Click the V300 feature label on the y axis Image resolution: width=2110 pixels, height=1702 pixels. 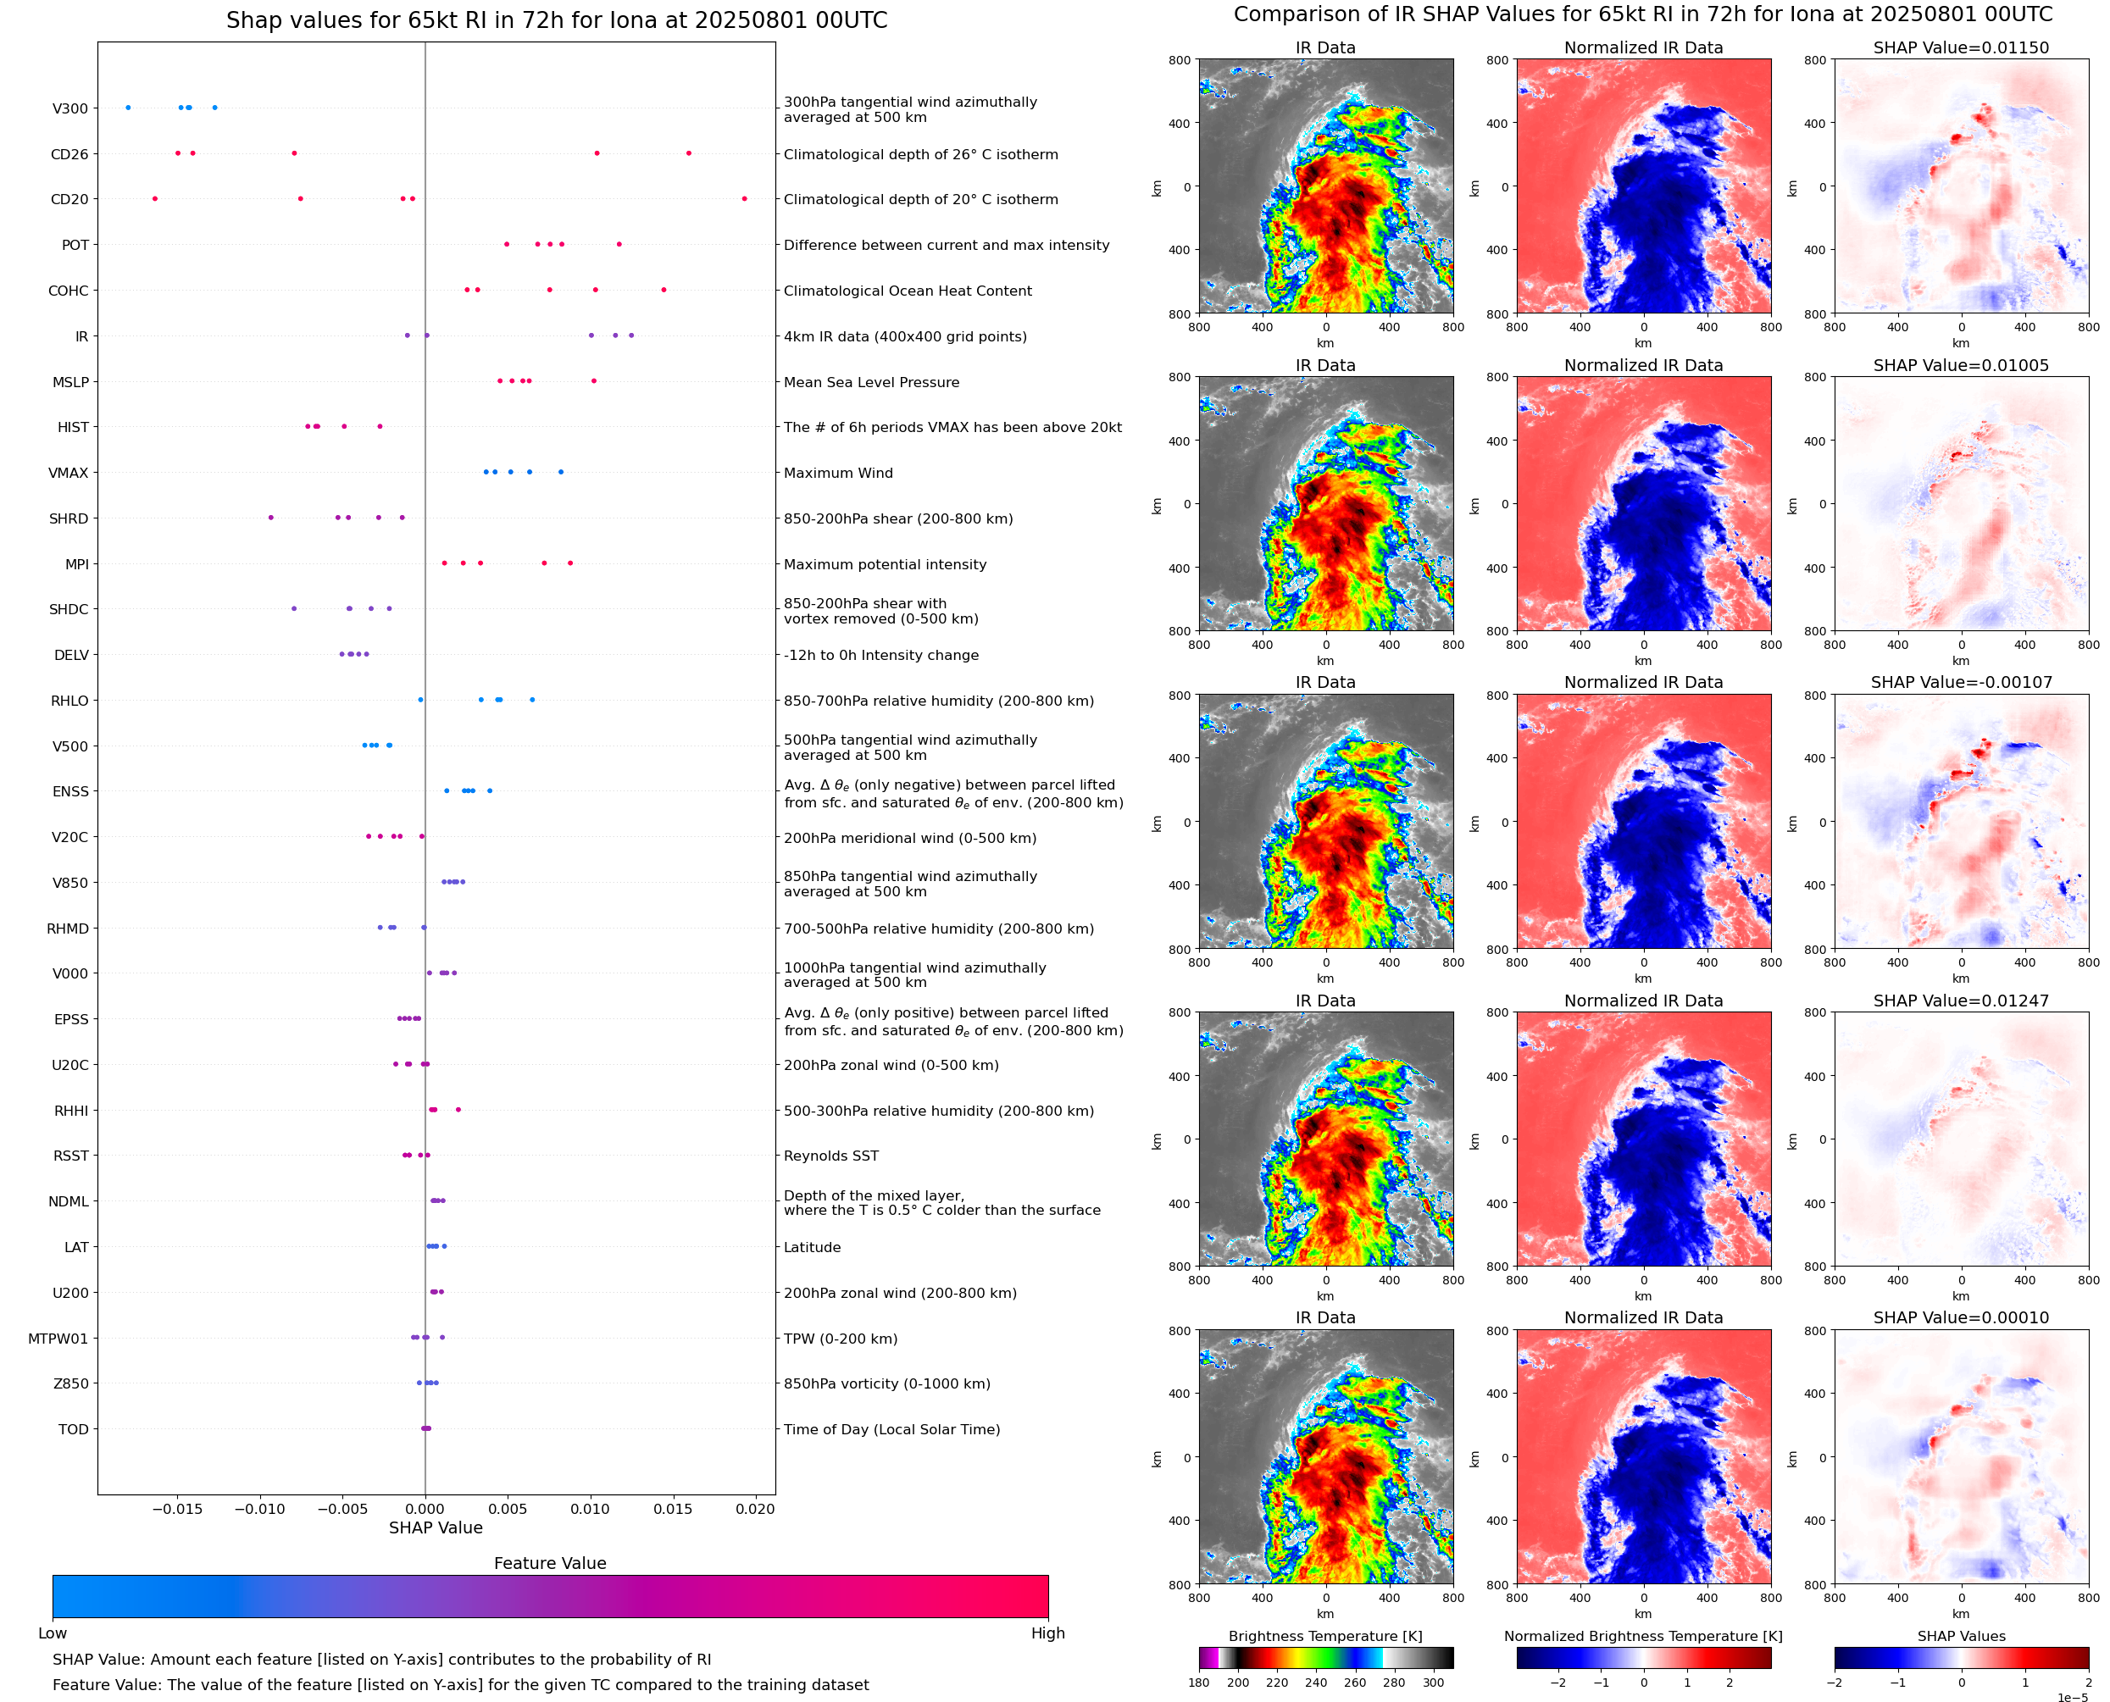tap(69, 108)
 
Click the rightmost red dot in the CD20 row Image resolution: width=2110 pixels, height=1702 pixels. tap(744, 199)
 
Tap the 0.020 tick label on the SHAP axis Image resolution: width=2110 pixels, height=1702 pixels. tap(755, 1509)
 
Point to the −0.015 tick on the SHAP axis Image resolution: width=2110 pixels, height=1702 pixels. tap(177, 1509)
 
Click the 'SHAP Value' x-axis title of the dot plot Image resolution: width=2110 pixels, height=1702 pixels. tap(436, 1527)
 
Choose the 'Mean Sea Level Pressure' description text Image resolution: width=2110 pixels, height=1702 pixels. tap(870, 382)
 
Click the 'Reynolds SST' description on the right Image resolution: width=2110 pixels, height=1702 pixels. tap(830, 1156)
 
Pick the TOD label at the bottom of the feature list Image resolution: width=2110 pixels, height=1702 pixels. tap(74, 1429)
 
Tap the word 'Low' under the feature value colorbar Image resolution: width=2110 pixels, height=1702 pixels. tap(52, 1633)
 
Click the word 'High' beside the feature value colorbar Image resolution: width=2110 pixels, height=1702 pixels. tap(1047, 1633)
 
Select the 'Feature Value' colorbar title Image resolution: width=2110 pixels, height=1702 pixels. tap(550, 1564)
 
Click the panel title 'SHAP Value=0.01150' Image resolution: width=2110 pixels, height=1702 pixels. tap(1961, 48)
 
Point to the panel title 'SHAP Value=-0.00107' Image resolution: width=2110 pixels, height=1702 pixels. tap(1961, 682)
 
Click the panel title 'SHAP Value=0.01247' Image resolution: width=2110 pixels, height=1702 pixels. tap(1961, 1001)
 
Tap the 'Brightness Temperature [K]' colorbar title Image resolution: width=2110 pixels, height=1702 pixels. tap(1324, 1636)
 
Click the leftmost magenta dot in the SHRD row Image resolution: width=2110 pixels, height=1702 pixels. tap(270, 518)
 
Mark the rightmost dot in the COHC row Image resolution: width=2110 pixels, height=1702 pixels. tap(664, 291)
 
